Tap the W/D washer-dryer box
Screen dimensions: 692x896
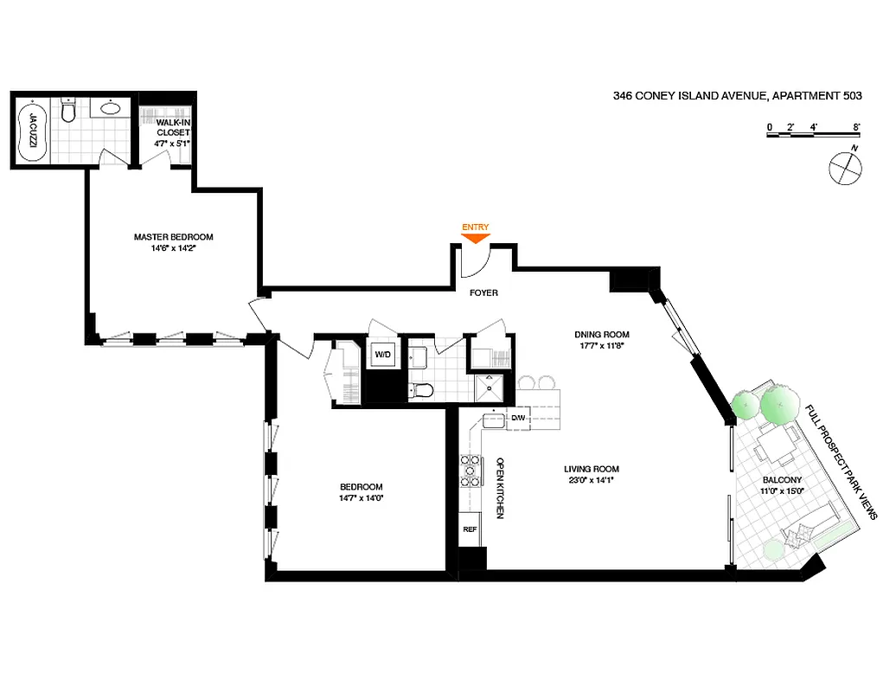(381, 355)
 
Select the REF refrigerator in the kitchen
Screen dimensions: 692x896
(470, 529)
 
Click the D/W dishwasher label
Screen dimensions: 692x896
(518, 419)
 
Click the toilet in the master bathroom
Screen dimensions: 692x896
(70, 111)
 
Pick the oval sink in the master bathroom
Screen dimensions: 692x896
(111, 108)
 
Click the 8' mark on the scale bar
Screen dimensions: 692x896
(856, 126)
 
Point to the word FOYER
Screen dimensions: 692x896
(483, 293)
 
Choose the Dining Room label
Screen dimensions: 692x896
(602, 335)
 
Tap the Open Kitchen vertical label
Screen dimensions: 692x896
(500, 488)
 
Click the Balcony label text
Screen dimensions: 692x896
(782, 480)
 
